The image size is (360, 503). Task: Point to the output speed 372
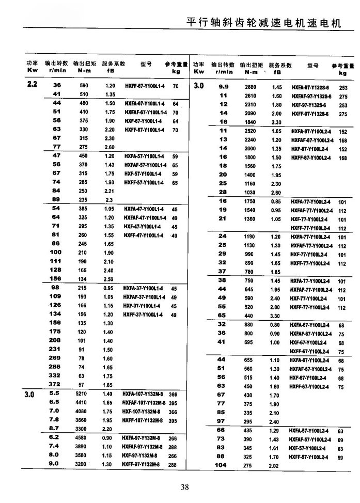pos(55,384)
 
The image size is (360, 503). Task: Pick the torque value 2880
pos(250,87)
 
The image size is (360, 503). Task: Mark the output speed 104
pos(221,465)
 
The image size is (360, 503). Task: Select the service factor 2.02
pos(274,465)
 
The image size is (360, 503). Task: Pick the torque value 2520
pos(250,131)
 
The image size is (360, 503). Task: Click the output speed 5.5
pos(54,394)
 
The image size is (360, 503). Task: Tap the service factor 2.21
pos(109,191)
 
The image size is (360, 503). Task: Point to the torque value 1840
pos(250,122)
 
